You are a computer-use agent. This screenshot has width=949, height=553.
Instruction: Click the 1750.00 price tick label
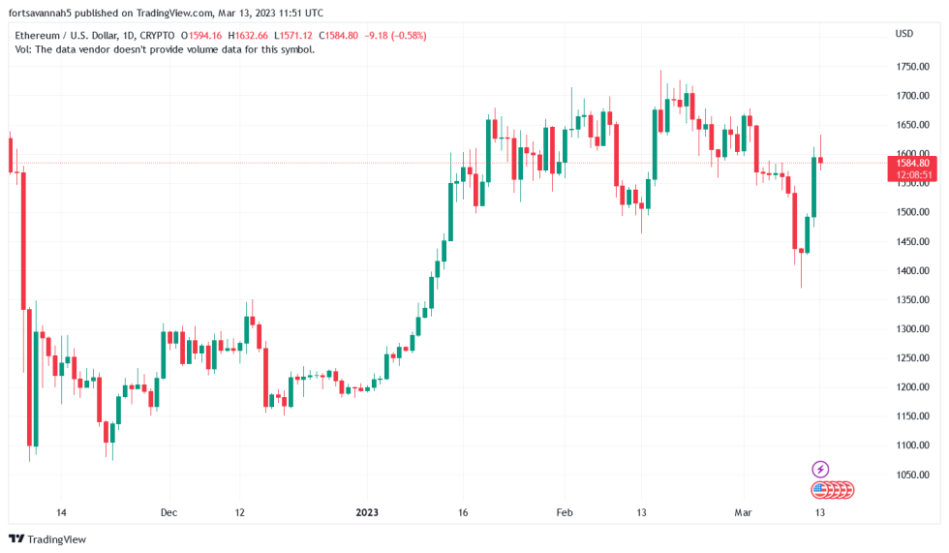coord(912,67)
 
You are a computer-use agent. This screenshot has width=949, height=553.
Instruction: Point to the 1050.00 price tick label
coord(912,475)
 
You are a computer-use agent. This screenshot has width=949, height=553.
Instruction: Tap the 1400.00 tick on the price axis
coord(912,270)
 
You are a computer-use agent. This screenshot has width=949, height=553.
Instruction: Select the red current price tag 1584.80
coord(912,163)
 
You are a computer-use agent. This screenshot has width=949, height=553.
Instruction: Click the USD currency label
coord(904,34)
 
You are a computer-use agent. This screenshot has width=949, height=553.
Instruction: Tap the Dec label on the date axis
coord(169,512)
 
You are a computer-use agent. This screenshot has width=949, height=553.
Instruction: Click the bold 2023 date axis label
coord(368,512)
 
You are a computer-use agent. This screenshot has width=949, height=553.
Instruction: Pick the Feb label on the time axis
coord(565,512)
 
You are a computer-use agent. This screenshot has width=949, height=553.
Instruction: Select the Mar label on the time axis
coord(743,512)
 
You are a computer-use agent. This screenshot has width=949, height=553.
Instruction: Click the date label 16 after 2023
coord(463,512)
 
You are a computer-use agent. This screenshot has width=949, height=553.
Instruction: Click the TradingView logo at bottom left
coord(47,539)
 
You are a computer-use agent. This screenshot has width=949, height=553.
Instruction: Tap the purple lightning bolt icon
coord(820,470)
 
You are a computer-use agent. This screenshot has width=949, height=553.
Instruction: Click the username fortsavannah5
coord(42,14)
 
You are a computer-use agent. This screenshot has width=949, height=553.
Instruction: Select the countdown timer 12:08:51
coord(912,175)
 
